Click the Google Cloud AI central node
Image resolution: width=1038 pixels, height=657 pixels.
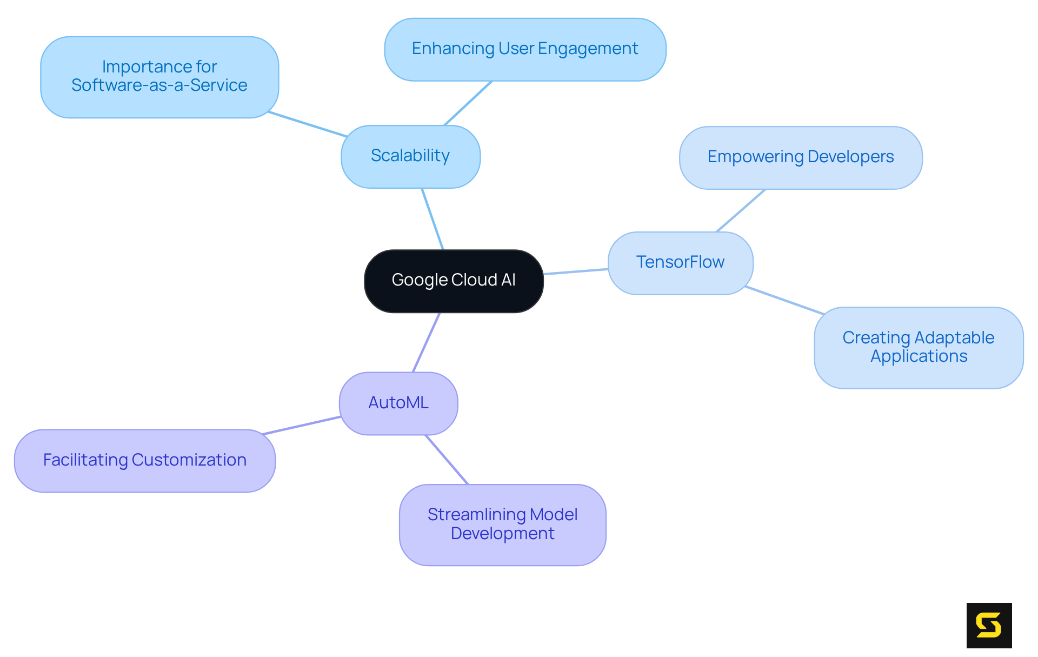(x=454, y=281)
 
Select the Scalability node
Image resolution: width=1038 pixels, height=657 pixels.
(x=410, y=156)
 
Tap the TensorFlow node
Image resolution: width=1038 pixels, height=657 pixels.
(x=680, y=263)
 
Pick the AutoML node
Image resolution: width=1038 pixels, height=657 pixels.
(x=398, y=403)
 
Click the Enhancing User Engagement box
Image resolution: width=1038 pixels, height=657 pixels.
(x=525, y=49)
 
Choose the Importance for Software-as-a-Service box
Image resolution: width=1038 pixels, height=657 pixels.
(x=159, y=77)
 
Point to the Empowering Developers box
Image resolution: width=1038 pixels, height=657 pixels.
(x=800, y=157)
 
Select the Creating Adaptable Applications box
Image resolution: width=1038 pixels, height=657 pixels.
(x=918, y=347)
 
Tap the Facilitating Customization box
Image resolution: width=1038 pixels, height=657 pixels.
(x=144, y=461)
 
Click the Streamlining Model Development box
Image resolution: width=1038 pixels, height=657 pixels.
(x=502, y=525)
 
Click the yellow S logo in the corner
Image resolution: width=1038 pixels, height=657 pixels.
(x=989, y=625)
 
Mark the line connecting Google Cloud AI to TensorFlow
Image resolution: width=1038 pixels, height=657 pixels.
(x=576, y=271)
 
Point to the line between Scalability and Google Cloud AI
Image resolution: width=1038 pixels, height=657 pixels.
(x=432, y=219)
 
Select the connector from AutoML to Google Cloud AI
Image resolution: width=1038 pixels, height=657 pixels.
(x=427, y=342)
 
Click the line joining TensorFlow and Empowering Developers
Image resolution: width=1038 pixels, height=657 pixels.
(x=741, y=210)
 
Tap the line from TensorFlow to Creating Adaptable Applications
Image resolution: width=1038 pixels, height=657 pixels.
(x=784, y=300)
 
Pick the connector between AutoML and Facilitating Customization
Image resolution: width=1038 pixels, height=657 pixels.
(x=302, y=426)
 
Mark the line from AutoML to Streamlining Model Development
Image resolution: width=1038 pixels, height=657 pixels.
(x=447, y=460)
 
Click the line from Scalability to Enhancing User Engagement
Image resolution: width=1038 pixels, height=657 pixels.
(x=468, y=103)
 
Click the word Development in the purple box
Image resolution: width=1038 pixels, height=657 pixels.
(x=502, y=534)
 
